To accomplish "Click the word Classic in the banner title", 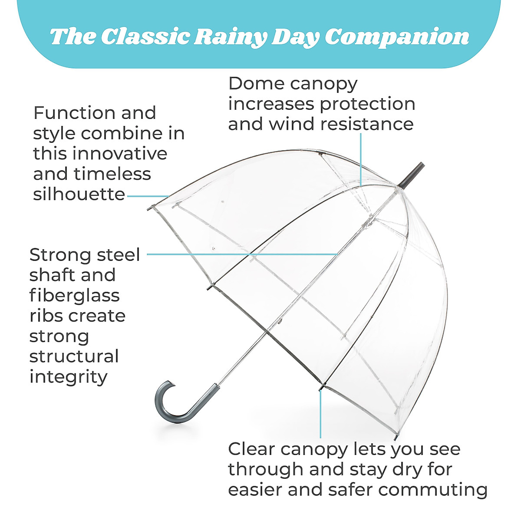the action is coord(146,37).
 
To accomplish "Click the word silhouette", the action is coord(79,194).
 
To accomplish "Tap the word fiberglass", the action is coord(74,295).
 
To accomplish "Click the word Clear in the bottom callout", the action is coord(251,449).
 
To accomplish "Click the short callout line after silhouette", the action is coord(148,196).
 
